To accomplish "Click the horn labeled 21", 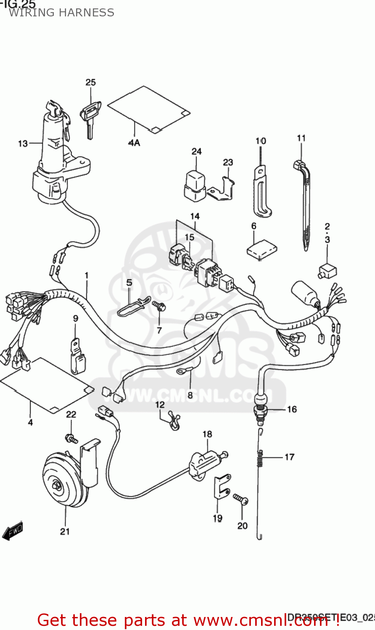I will [x=63, y=479].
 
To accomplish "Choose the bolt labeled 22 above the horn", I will [x=71, y=438].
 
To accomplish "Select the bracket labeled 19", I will [x=222, y=487].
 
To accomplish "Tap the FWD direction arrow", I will [x=13, y=531].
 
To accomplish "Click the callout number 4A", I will [x=134, y=143].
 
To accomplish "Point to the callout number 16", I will [x=292, y=409].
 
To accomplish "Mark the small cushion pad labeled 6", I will [x=261, y=249].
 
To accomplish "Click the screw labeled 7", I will [x=158, y=306].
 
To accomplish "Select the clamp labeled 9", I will [x=77, y=357].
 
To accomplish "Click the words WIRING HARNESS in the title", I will [x=61, y=13].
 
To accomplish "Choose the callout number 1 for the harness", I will [x=86, y=276].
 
